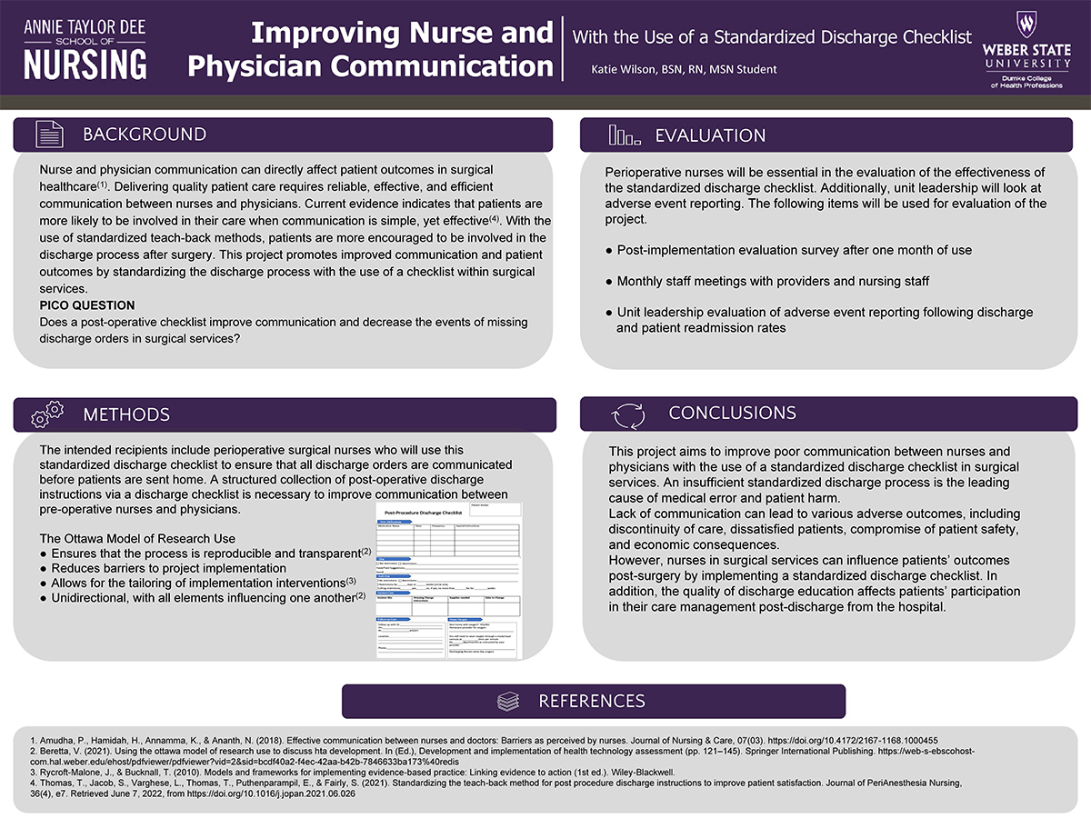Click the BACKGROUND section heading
145,135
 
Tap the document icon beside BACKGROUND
49,135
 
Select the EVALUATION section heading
710,135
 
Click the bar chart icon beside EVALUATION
624,135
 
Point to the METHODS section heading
126,414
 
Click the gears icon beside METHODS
47,414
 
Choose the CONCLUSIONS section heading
732,413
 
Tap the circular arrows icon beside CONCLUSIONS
627,414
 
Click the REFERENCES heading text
592,701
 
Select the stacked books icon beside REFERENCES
508,702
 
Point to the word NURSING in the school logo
85,65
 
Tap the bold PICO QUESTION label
87,305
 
